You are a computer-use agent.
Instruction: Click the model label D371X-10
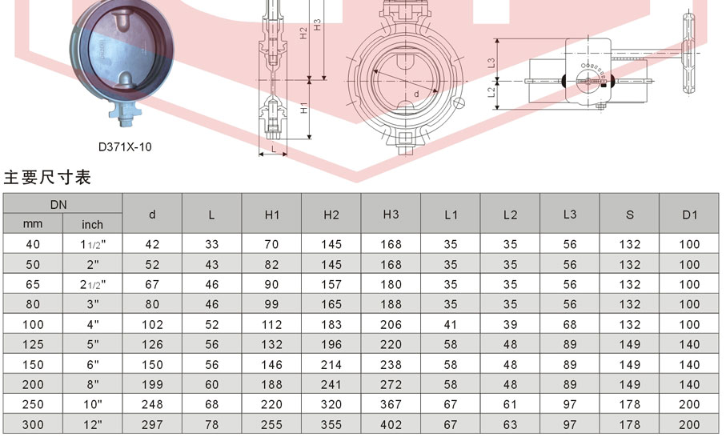(125, 146)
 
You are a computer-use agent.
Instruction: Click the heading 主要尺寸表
(47, 178)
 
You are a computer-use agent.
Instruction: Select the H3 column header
(391, 214)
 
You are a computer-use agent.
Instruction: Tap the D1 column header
(689, 214)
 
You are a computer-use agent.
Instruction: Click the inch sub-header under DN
(92, 225)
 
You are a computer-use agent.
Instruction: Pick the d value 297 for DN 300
(152, 424)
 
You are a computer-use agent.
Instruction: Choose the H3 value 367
(391, 404)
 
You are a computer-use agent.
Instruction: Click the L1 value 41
(451, 324)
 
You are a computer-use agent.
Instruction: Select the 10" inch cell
(93, 404)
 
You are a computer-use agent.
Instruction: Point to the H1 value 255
(271, 424)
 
